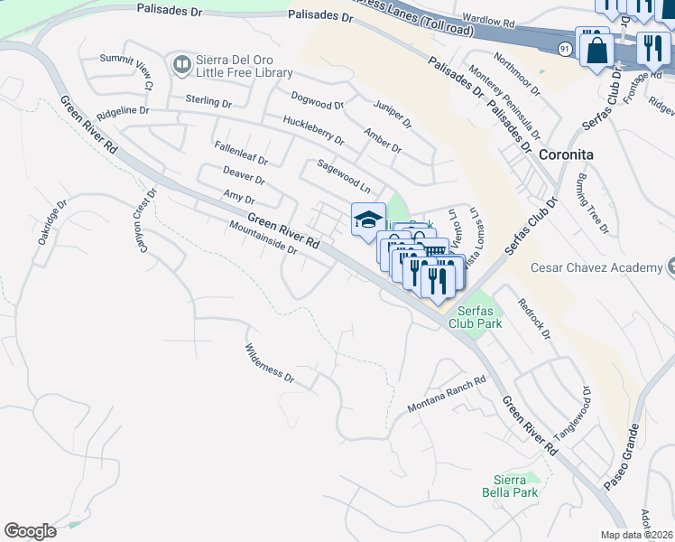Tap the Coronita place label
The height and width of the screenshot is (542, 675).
(x=565, y=154)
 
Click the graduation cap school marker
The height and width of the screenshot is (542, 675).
(x=368, y=220)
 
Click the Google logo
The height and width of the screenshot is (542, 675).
(x=30, y=531)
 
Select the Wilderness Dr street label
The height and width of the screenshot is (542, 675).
(x=270, y=362)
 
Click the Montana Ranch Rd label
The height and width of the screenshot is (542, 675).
(x=447, y=394)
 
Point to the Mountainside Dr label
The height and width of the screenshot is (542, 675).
(x=263, y=238)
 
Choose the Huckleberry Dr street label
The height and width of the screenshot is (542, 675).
(x=313, y=130)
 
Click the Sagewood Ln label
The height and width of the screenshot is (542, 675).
(x=344, y=177)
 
